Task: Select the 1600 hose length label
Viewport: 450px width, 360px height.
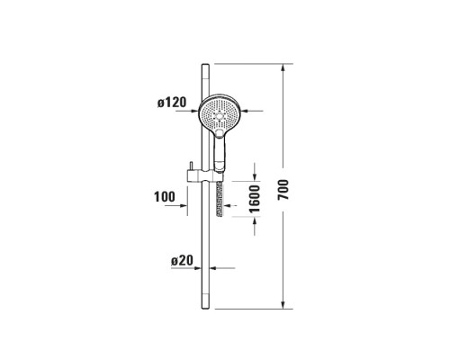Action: point(255,198)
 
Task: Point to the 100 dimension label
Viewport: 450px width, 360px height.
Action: point(165,197)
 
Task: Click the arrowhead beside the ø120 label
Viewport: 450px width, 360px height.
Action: point(197,110)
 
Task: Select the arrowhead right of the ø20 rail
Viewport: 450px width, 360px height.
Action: point(214,267)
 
